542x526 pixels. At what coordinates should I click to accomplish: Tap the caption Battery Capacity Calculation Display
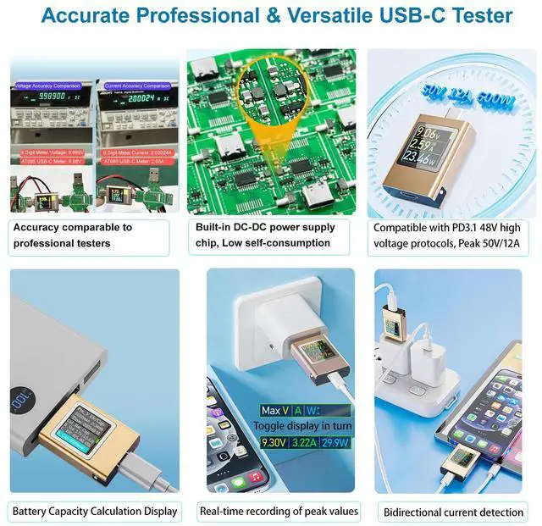click(x=94, y=511)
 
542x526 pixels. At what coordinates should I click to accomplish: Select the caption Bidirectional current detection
click(x=453, y=512)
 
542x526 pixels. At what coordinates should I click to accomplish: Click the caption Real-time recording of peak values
click(x=279, y=511)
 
